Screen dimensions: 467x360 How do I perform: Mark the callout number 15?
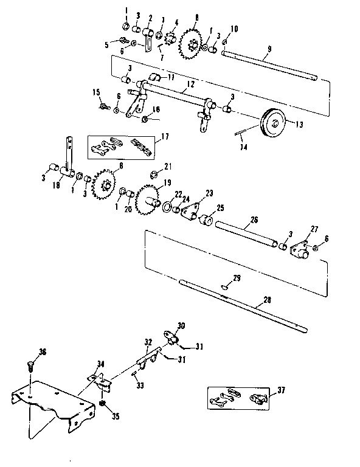tap(95, 92)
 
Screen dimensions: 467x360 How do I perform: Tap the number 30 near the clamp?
tap(181, 325)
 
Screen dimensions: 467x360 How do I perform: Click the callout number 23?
tap(209, 193)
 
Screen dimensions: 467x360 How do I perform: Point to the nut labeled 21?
tap(154, 173)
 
